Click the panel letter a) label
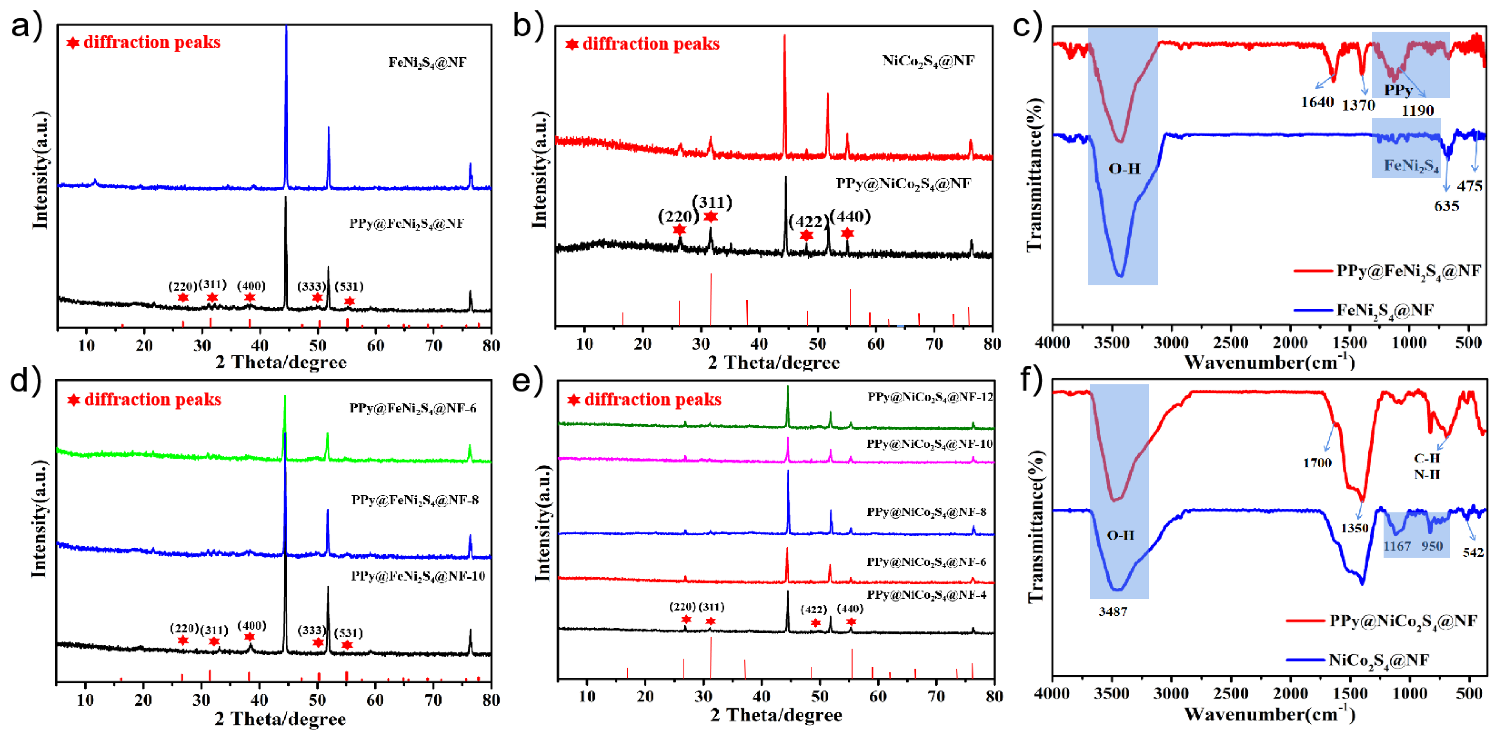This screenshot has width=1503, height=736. click(x=26, y=26)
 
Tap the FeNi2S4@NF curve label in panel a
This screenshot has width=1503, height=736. click(x=427, y=62)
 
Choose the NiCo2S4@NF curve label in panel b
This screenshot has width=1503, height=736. click(x=928, y=61)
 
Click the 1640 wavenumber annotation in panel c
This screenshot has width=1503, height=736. click(x=1317, y=103)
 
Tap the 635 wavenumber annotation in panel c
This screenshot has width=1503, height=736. click(x=1447, y=206)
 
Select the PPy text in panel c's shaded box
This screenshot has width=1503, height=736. click(x=1398, y=90)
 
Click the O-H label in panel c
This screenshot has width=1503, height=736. click(x=1124, y=169)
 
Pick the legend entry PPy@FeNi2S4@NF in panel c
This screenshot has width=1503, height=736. click(x=1408, y=271)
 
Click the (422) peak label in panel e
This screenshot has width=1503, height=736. click(x=813, y=609)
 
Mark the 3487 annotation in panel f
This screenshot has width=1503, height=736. click(x=1113, y=612)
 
